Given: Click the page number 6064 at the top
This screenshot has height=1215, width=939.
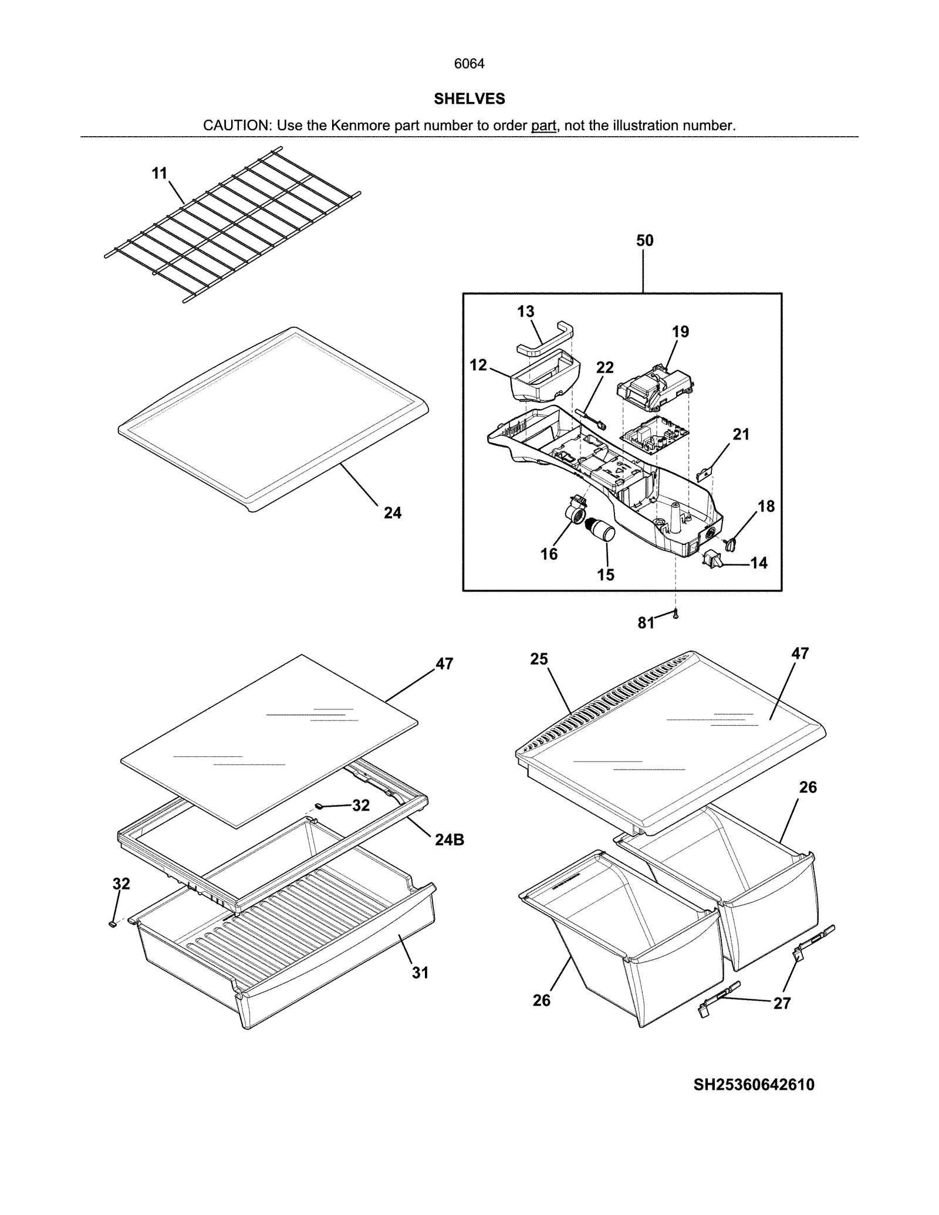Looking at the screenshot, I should coord(469,63).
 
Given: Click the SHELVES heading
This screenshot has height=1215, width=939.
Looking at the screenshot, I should coord(469,99).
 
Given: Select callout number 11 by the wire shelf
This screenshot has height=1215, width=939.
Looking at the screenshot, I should coord(160,173).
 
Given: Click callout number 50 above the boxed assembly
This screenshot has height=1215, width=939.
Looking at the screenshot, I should coord(644,240).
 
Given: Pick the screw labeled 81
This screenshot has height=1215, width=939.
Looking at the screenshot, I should coord(675,614).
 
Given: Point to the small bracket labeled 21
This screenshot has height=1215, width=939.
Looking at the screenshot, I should coord(704,471).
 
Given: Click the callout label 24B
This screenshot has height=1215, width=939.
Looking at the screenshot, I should coord(450,840).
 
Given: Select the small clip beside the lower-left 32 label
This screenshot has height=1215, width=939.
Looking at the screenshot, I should coord(112,923).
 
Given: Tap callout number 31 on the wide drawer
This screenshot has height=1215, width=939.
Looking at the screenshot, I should coord(420,973).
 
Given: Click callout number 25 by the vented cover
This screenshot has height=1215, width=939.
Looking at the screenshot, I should coord(539,659).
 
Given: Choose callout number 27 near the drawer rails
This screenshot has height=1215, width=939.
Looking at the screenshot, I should coord(782,1003).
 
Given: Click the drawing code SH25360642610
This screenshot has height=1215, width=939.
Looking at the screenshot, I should coord(754,1085).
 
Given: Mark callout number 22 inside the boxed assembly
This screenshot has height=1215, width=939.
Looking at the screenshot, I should coord(604,367).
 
